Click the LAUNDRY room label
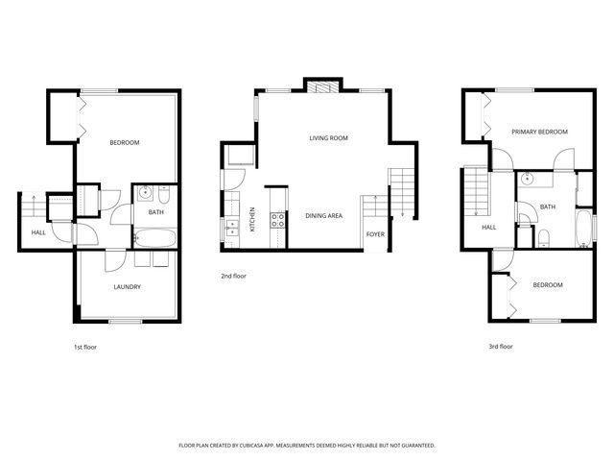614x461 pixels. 128,286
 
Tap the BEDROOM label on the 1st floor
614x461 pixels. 124,143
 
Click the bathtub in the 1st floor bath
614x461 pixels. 153,237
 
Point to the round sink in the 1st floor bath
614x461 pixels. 143,192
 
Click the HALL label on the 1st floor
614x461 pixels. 38,232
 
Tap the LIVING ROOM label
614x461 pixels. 328,138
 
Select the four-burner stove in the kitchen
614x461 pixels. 278,223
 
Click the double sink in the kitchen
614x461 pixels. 231,227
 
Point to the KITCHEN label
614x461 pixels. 252,219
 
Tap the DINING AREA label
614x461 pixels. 324,216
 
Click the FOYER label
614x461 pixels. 376,233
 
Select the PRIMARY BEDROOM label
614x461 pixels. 539,132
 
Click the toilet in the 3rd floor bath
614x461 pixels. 543,238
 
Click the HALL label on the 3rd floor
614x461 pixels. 488,228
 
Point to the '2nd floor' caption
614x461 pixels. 234,276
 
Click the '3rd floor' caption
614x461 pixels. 500,346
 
